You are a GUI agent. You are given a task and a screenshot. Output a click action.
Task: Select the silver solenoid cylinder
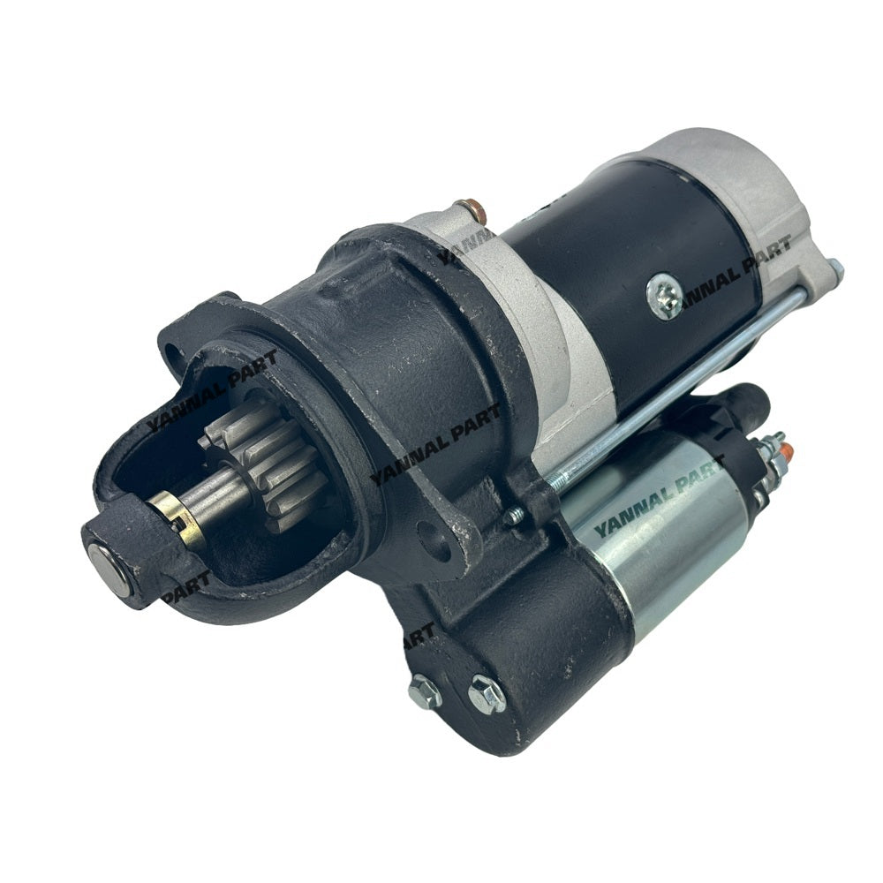click(654, 521)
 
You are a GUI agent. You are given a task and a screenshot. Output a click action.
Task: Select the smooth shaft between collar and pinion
click(217, 494)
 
